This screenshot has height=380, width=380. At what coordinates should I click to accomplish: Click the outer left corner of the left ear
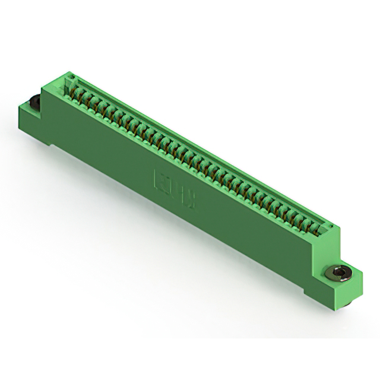click(x=19, y=107)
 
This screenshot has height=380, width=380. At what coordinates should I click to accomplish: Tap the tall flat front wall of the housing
click(x=196, y=208)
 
